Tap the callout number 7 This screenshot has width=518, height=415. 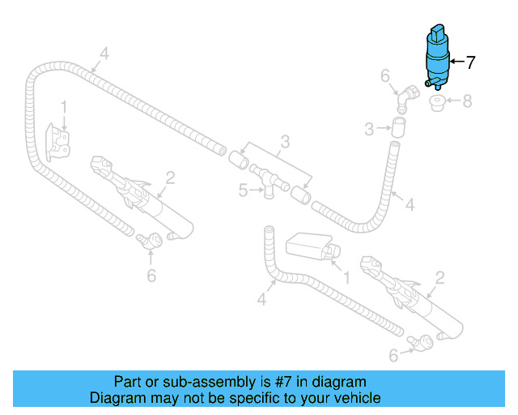pos(470,61)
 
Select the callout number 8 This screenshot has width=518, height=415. pos(465,102)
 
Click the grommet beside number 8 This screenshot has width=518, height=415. pos(437,104)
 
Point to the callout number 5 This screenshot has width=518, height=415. pos(243,191)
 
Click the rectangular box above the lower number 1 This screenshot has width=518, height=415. pos(305,243)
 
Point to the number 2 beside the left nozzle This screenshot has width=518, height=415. pos(171,177)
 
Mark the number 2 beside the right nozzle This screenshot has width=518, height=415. pos(439,278)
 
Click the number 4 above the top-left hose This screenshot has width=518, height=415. pos(104,55)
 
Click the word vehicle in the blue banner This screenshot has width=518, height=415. pos(357,398)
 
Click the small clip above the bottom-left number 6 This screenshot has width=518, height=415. pos(146,239)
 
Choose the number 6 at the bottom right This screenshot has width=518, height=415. pos(393,355)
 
